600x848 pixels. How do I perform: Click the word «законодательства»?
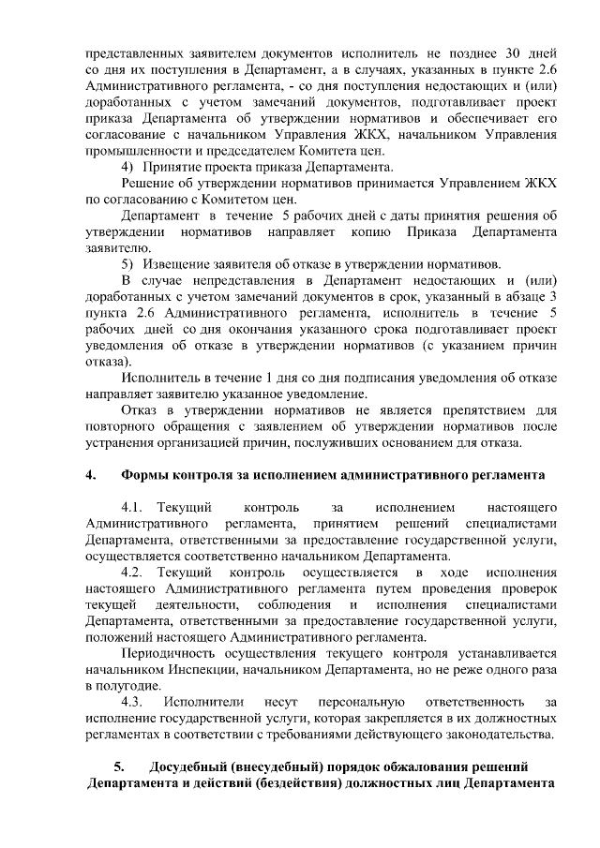[x=495, y=733]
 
